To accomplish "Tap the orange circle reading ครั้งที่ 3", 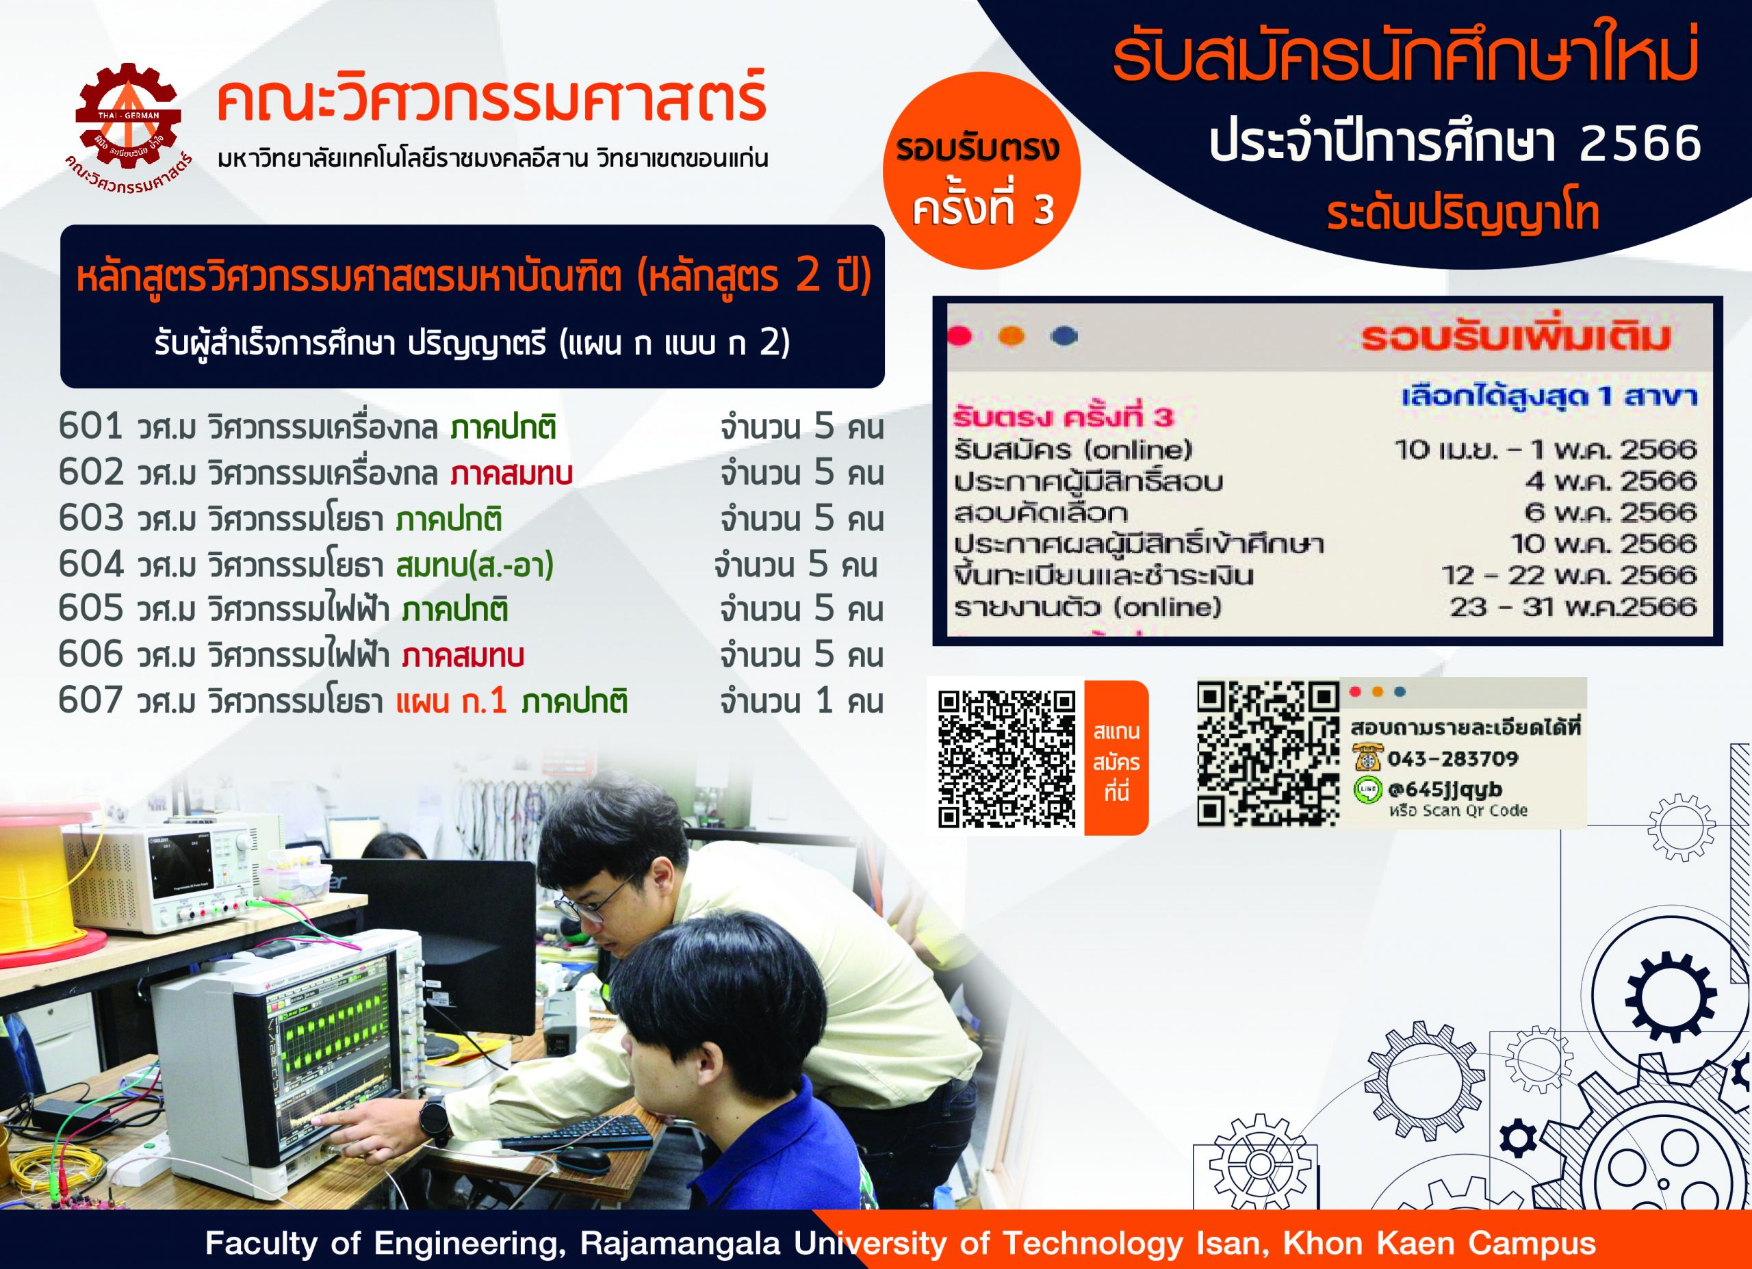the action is tap(981, 170).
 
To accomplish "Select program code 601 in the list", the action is tap(90, 426).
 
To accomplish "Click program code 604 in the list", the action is tap(90, 564).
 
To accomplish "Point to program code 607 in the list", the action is tap(90, 700).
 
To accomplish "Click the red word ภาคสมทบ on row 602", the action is tap(511, 473).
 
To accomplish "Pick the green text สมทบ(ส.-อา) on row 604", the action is tap(475, 565).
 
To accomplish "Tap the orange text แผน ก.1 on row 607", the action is tap(452, 700).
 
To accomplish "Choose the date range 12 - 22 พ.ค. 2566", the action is tap(1569, 575).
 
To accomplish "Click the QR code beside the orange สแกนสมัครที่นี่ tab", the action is tap(1007, 758).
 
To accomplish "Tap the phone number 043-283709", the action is tap(1452, 758).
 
